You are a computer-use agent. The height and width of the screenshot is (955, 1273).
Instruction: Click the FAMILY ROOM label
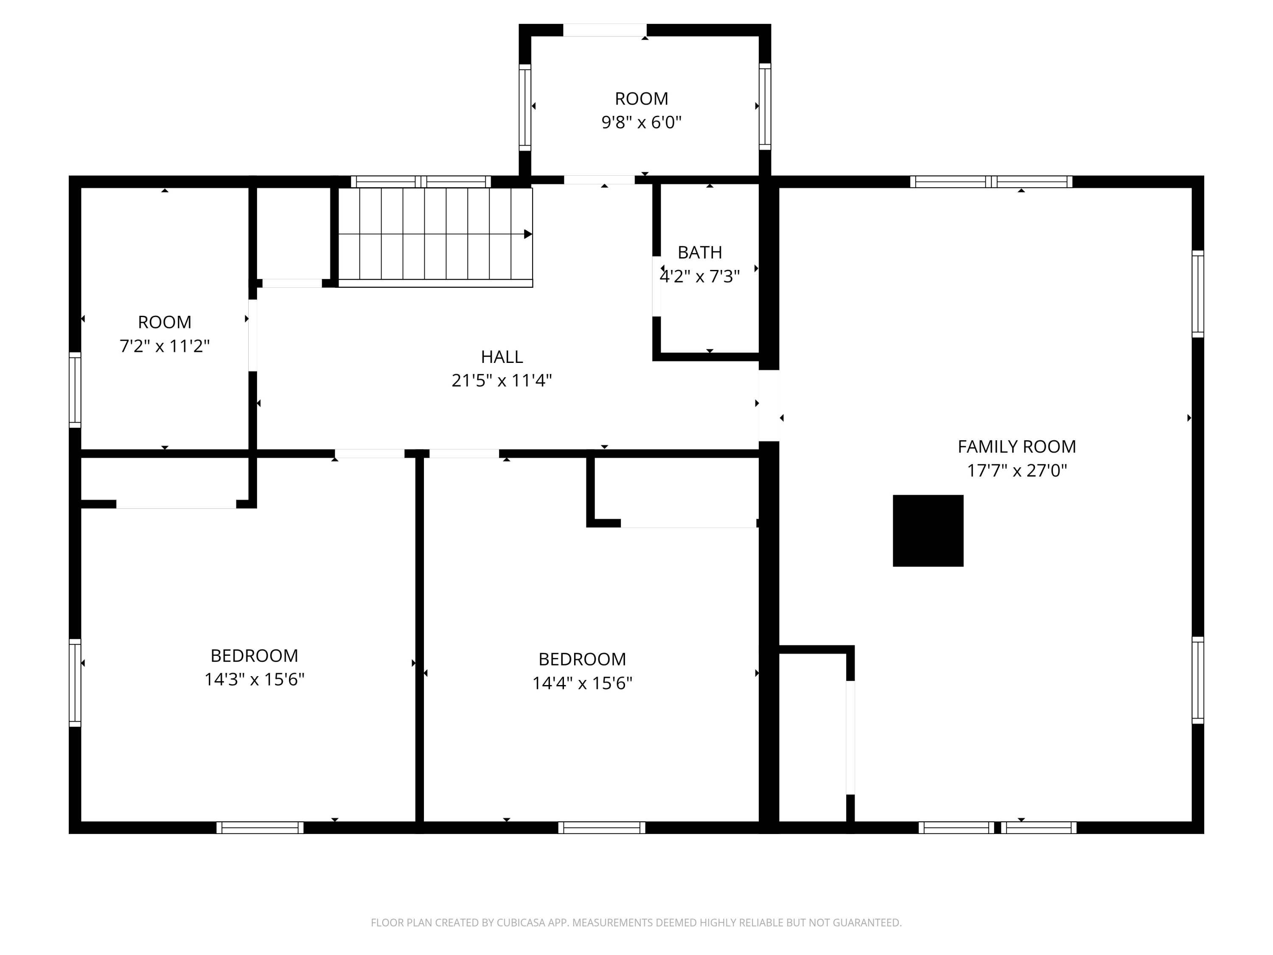pos(1017,447)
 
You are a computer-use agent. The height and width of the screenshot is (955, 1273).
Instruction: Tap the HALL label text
pos(502,357)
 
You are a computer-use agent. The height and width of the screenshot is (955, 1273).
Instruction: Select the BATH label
pos(700,252)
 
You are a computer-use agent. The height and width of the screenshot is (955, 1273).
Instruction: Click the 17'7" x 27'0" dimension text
pos(1017,471)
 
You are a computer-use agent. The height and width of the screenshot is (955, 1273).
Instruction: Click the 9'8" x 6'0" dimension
pos(642,123)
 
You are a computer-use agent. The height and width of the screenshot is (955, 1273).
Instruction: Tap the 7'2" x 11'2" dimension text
pos(165,346)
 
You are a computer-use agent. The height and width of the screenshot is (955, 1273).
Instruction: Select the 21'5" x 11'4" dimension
pos(502,380)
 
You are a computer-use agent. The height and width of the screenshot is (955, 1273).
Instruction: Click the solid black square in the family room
pos(928,531)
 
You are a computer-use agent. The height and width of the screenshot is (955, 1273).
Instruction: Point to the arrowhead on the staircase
pos(528,234)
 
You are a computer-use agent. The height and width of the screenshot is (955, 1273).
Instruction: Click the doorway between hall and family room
pos(769,405)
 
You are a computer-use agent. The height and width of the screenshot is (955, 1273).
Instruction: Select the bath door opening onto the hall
pos(656,286)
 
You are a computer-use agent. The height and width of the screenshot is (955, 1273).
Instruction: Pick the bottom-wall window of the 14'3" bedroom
pos(260,827)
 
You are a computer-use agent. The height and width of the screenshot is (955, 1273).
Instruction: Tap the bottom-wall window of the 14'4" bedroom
pos(601,827)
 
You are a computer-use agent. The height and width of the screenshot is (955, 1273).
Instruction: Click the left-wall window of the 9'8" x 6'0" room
pos(525,107)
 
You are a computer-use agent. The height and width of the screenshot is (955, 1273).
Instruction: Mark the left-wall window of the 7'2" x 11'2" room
pos(75,390)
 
